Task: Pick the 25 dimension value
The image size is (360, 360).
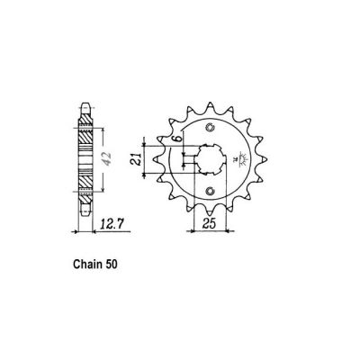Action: pos(209,222)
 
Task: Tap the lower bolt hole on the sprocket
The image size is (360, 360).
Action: pos(209,190)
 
